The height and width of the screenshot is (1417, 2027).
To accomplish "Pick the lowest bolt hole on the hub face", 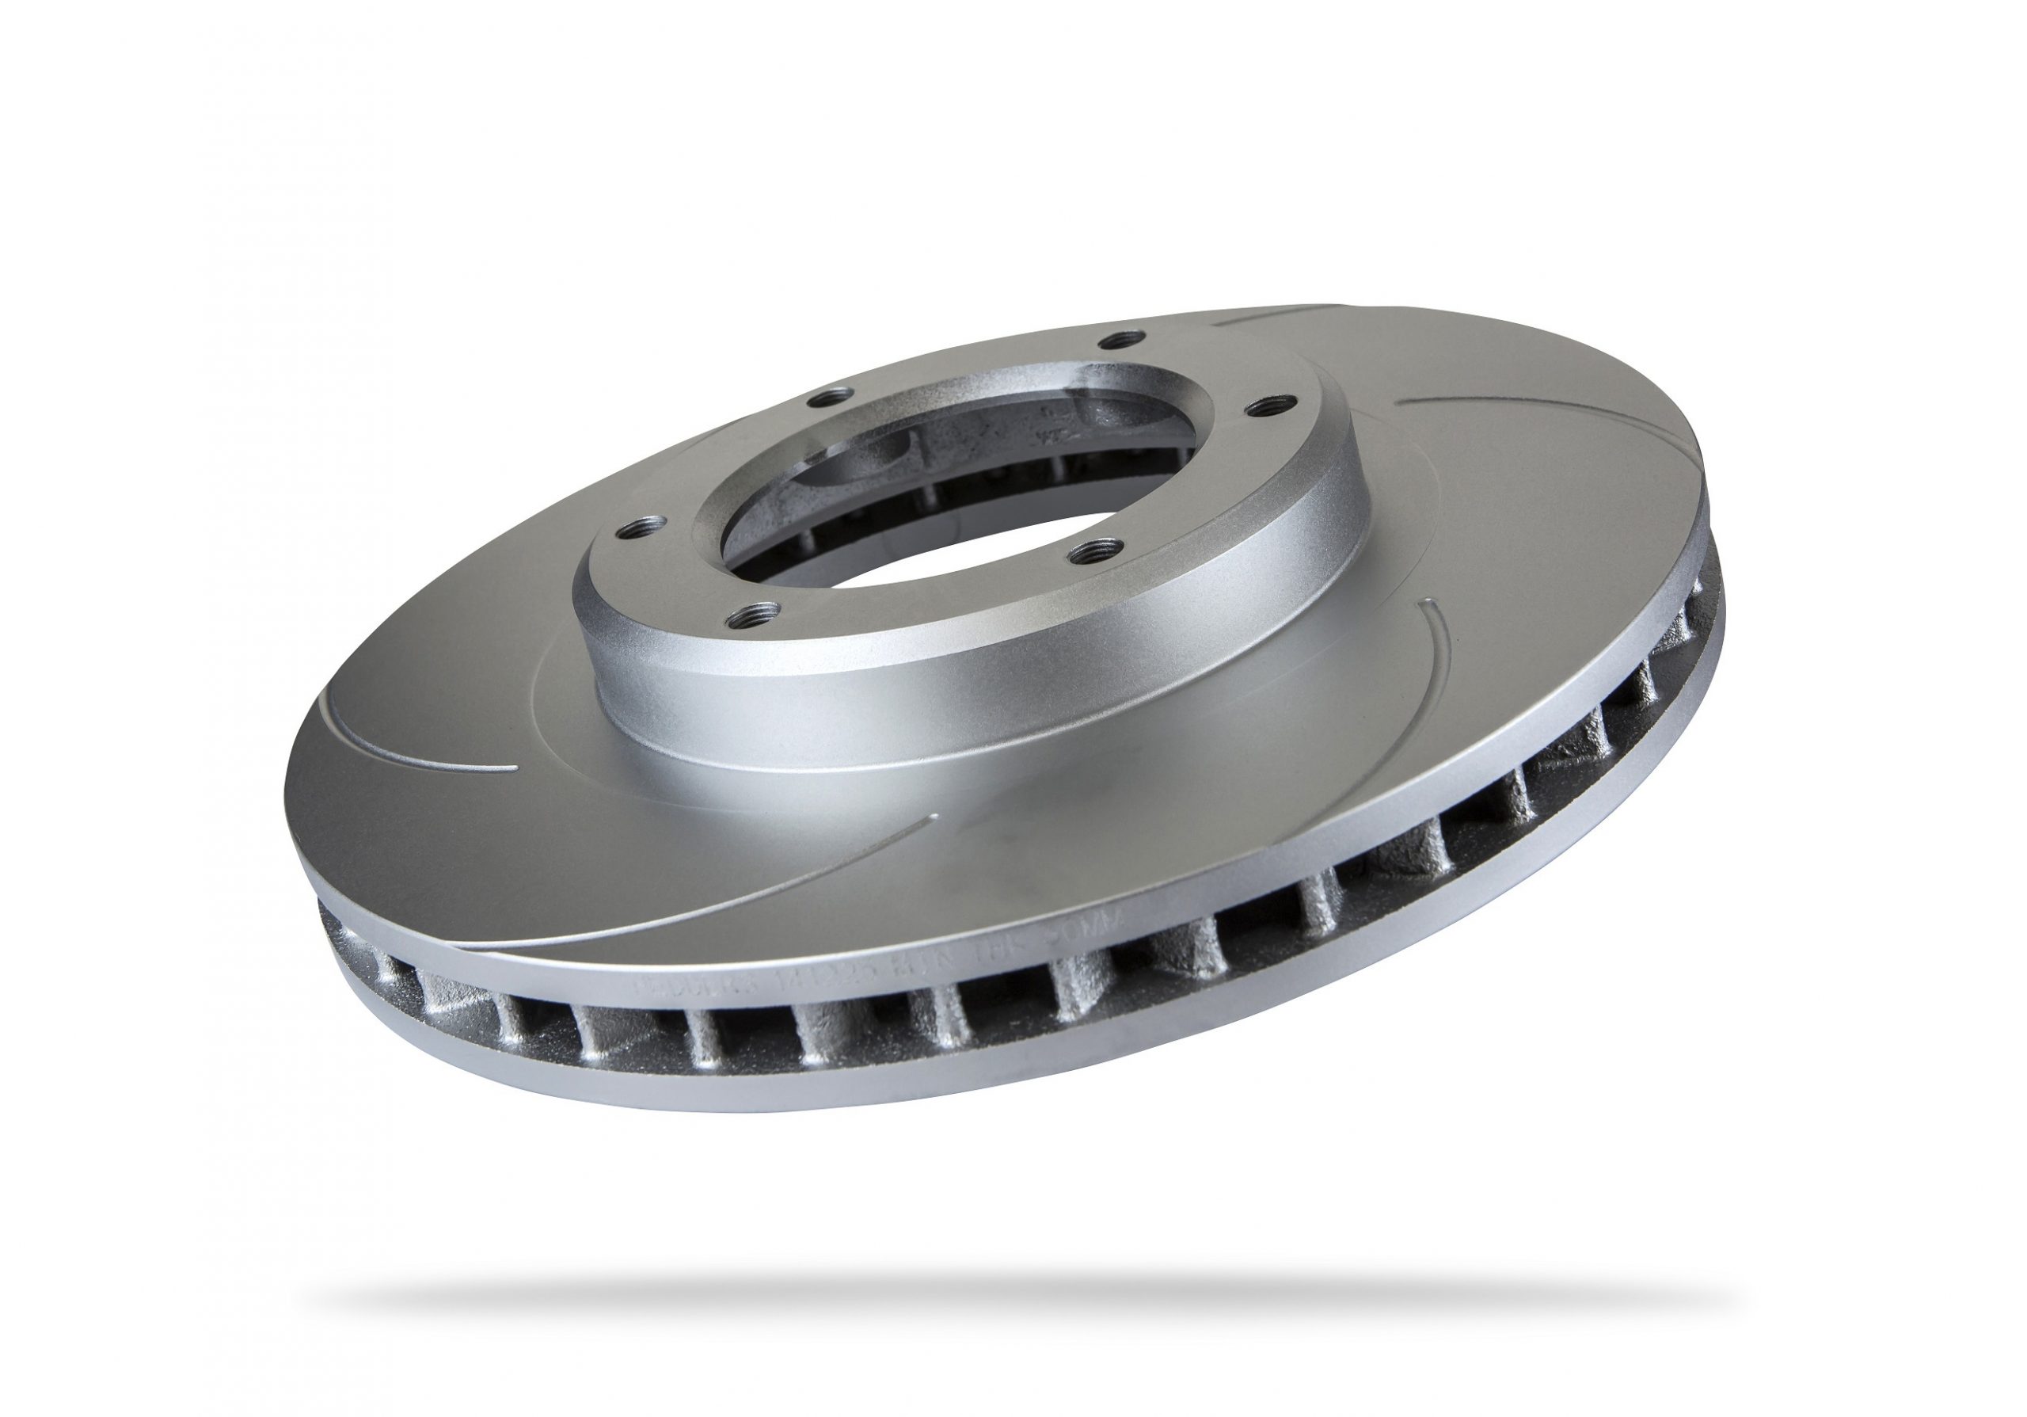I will [x=757, y=611].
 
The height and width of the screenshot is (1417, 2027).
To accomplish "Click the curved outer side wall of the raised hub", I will [x=883, y=698].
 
